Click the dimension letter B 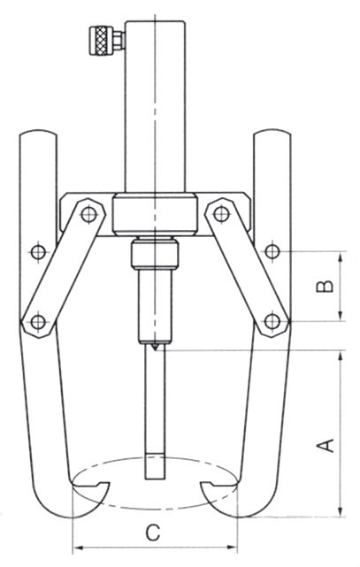(x=325, y=285)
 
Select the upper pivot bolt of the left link (x=87, y=212)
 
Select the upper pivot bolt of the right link (x=218, y=212)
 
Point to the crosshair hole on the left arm (x=37, y=252)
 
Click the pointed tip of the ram (x=151, y=352)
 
